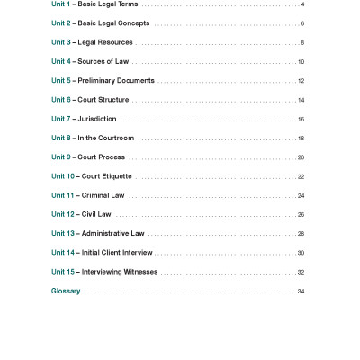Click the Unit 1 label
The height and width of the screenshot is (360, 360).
tap(62, 4)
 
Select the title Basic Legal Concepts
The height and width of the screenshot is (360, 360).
tap(114, 23)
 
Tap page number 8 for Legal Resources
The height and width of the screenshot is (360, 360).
tap(301, 42)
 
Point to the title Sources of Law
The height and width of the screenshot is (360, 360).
tap(104, 61)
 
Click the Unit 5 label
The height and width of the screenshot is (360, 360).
tap(62, 81)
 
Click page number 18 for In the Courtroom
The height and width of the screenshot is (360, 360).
tap(301, 139)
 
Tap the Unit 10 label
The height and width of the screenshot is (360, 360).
tap(64, 176)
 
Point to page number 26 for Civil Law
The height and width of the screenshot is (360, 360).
tap(301, 215)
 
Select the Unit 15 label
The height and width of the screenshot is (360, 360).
tap(64, 272)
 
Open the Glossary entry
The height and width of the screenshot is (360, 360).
tap(66, 292)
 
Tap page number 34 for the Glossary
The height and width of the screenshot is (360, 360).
tap(301, 292)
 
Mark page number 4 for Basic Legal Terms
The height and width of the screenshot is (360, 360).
tap(302, 4)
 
